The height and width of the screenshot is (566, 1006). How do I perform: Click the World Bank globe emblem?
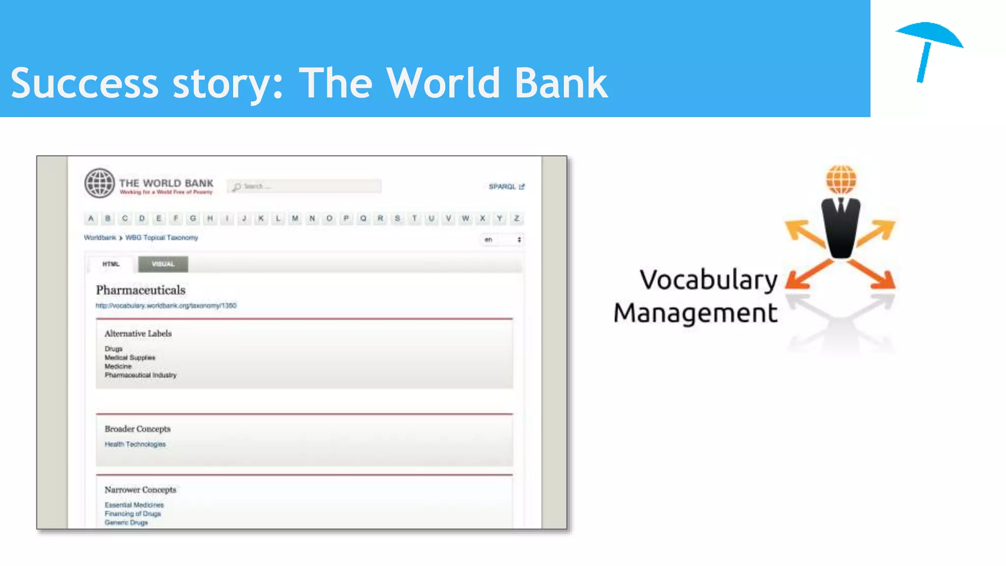click(100, 183)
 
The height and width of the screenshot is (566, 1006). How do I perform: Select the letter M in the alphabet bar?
click(295, 218)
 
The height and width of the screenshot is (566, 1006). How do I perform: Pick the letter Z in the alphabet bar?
click(516, 218)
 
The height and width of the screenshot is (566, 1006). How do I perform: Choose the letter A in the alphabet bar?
click(91, 218)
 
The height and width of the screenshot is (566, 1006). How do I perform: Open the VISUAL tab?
click(163, 264)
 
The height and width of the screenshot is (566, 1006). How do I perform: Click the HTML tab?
click(111, 264)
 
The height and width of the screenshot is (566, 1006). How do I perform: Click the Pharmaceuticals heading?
click(140, 290)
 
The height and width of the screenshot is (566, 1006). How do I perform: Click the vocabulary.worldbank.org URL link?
click(166, 306)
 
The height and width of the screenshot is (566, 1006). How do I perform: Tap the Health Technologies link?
click(135, 444)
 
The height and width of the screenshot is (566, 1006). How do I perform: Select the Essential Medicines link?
click(134, 505)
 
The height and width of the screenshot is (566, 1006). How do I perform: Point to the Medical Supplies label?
click(130, 358)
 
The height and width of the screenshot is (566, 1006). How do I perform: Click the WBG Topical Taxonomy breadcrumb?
click(162, 238)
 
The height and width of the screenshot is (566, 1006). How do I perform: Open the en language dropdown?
click(502, 240)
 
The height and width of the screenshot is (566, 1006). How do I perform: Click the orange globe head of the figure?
click(841, 179)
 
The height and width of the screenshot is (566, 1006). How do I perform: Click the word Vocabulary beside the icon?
click(708, 280)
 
